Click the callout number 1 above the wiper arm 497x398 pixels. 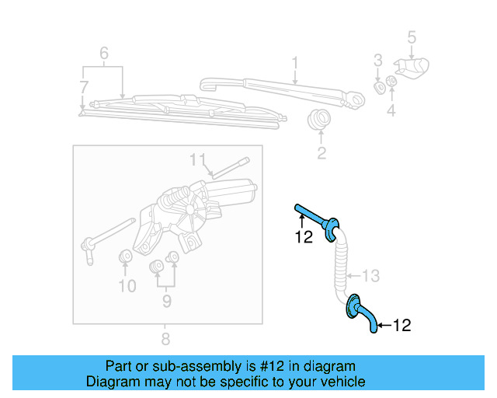295,61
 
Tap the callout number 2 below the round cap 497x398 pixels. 321,153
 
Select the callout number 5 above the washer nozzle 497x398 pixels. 412,37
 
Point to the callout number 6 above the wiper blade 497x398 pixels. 103,54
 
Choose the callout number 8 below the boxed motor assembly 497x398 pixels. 165,339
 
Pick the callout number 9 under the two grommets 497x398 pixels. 164,299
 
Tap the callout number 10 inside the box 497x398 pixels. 127,286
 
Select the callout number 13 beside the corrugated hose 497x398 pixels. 372,274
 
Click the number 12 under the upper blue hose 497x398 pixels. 304,237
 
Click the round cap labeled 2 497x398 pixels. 318,120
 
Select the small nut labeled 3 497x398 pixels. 380,85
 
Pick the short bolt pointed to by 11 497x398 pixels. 230,166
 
